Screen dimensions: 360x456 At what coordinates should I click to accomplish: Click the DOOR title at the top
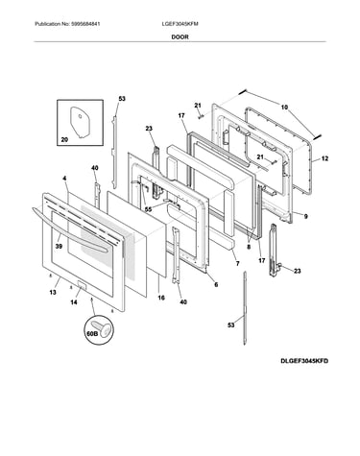[180, 36]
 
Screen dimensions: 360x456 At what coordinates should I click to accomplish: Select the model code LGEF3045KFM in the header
[180, 24]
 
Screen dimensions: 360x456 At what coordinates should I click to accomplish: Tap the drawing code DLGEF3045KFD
[304, 361]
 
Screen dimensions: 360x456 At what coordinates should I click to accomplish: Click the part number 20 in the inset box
[64, 139]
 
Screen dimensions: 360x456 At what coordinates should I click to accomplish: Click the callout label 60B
[92, 334]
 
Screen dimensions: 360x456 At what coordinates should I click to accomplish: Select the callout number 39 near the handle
[59, 246]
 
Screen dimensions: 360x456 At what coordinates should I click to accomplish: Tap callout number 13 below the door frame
[53, 292]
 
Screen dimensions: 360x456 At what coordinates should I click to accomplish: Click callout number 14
[74, 302]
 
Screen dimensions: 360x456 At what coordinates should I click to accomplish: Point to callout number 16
[161, 298]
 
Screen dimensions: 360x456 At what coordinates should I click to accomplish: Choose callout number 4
[64, 178]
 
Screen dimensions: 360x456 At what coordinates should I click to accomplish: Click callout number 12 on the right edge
[324, 158]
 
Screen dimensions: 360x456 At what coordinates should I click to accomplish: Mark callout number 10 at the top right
[284, 108]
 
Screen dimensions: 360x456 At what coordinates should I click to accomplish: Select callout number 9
[306, 217]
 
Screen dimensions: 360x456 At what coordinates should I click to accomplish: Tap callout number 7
[237, 263]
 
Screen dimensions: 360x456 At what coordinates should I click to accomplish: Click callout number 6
[216, 284]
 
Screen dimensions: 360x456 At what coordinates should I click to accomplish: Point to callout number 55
[148, 209]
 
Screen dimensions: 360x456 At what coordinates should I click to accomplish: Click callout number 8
[249, 247]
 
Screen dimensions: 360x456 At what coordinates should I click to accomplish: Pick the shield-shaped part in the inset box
[80, 122]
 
